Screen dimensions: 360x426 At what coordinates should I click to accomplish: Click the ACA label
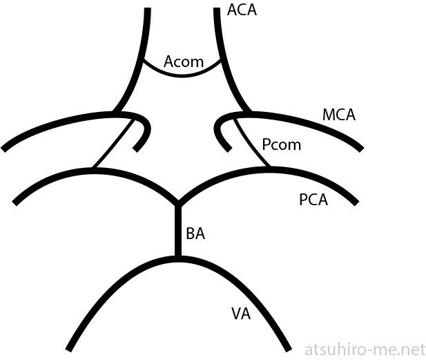pyautogui.click(x=242, y=10)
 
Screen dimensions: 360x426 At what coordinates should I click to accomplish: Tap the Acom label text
pyautogui.click(x=184, y=61)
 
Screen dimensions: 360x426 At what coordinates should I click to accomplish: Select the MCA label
pyautogui.click(x=338, y=115)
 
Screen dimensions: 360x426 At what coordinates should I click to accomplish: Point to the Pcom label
pyautogui.click(x=282, y=145)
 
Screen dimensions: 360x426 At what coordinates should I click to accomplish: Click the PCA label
pyautogui.click(x=313, y=200)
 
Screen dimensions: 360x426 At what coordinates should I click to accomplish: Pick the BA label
pyautogui.click(x=195, y=234)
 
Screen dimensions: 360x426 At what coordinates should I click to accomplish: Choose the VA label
pyautogui.click(x=240, y=314)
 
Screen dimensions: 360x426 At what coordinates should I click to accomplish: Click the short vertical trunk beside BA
pyautogui.click(x=177, y=231)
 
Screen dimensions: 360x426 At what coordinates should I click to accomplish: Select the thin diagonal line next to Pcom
pyautogui.click(x=251, y=142)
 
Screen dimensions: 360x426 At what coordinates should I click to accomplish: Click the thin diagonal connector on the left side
pyautogui.click(x=113, y=143)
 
